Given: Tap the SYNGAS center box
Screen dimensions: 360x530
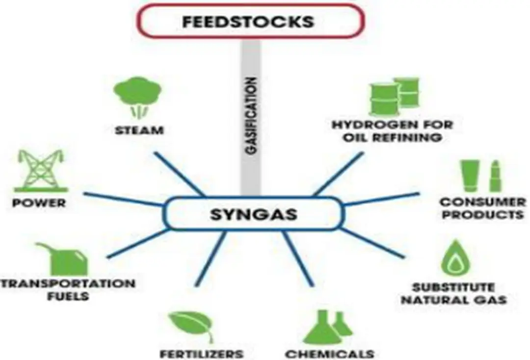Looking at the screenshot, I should [x=253, y=214].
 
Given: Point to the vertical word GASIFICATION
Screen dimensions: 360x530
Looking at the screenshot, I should [x=251, y=116].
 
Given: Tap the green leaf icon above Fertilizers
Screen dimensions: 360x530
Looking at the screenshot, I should [x=191, y=327].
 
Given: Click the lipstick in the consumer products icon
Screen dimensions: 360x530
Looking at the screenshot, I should [x=495, y=176].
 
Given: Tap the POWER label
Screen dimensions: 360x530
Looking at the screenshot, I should [x=39, y=203].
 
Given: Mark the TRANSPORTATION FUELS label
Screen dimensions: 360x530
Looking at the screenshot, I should [x=67, y=290].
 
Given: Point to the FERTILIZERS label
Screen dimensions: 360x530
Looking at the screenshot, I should [x=201, y=353].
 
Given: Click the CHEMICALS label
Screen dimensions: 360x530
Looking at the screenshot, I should [x=329, y=353].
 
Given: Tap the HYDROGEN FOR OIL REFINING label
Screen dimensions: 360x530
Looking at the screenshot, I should [x=392, y=130].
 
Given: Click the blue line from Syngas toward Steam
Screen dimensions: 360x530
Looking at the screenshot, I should [x=179, y=173].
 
